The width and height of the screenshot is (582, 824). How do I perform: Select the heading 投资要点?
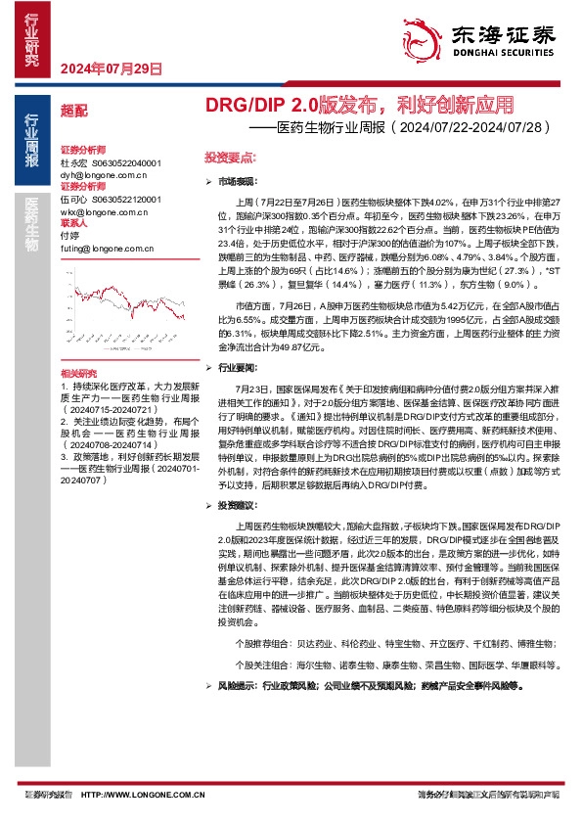pos(231,157)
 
